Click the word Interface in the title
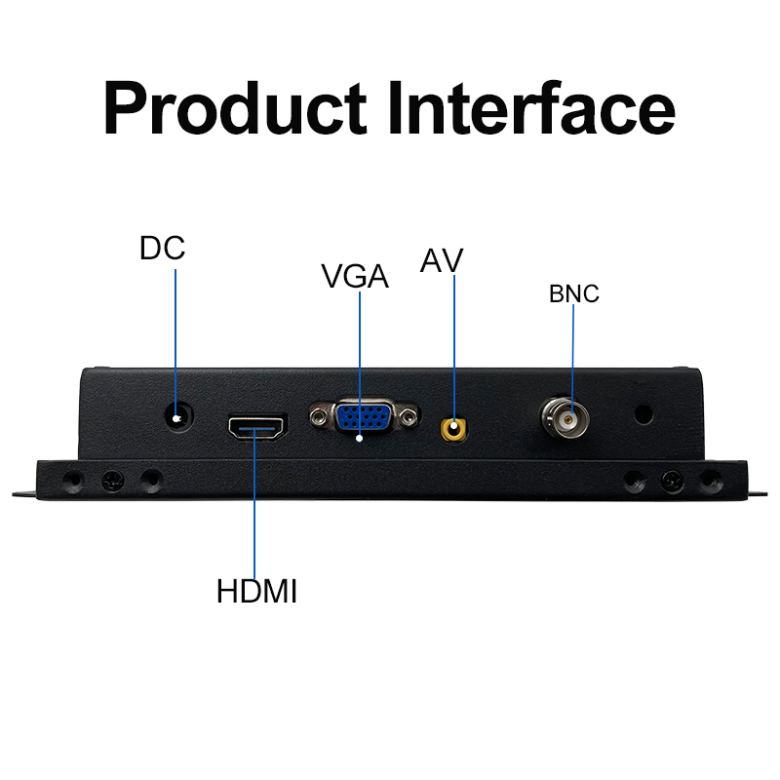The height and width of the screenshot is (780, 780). coord(531,107)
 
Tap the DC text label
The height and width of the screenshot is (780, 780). coord(162,249)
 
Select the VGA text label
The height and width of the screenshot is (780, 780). coord(355,276)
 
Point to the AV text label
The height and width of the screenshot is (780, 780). coord(442,260)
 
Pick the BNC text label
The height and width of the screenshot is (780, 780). coord(574,293)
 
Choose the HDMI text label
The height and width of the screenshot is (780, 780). coord(256,592)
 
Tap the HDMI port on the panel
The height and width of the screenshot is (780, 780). coord(257,428)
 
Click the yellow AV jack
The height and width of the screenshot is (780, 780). coord(453,429)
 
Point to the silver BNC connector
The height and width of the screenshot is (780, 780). coord(565,417)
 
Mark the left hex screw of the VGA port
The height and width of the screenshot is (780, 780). coord(319,415)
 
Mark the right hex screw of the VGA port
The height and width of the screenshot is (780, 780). coord(409,416)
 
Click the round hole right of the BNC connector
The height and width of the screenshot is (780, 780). coord(643,414)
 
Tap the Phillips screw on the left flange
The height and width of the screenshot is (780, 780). coord(113,481)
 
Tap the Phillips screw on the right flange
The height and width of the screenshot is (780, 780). coord(673,482)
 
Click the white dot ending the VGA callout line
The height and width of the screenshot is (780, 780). coord(359,439)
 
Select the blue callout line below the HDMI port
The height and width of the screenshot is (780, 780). coord(254,503)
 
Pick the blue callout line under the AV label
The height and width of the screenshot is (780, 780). coord(454,349)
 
